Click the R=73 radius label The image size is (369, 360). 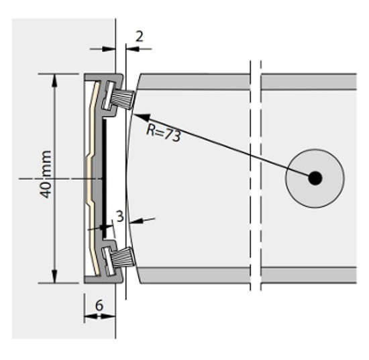[163, 132]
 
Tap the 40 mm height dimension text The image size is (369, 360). [46, 175]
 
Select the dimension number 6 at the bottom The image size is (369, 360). [99, 306]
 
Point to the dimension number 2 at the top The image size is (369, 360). [140, 36]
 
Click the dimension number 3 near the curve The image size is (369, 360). [120, 216]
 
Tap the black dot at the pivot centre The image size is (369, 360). [315, 179]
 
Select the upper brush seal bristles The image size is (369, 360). [123, 99]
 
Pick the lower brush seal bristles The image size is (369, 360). [122, 257]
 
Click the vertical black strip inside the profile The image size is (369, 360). [105, 179]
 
